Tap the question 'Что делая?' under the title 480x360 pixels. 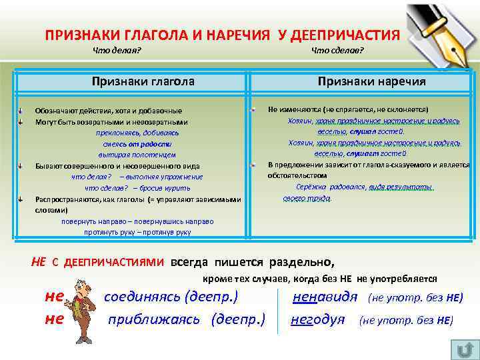[x=117, y=52]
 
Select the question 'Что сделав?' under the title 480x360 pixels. [x=337, y=52]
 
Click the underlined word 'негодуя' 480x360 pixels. [x=318, y=319]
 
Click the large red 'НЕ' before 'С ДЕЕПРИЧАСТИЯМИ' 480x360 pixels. [x=39, y=261]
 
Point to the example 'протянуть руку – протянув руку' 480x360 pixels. [x=137, y=232]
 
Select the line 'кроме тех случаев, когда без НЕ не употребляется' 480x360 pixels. [x=320, y=279]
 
